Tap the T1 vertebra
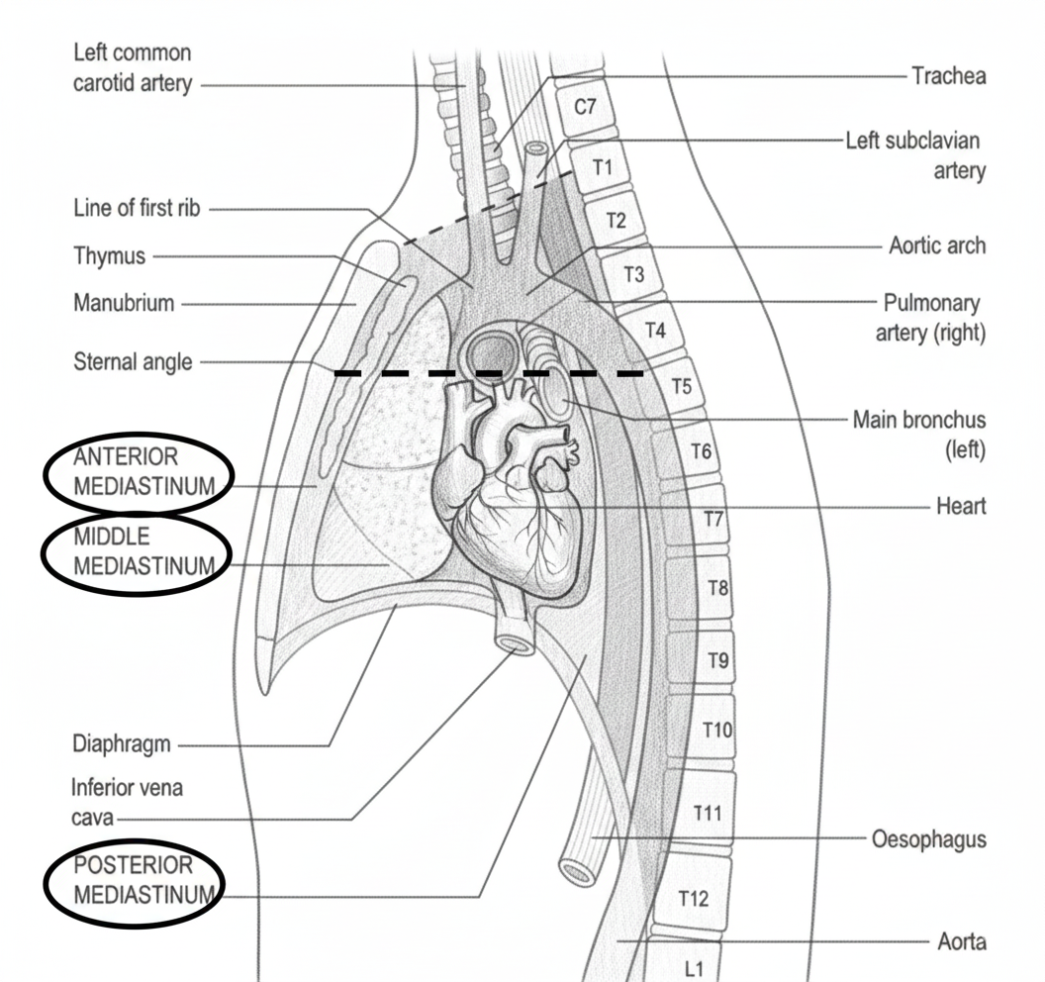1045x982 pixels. (603, 167)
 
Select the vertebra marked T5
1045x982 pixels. (682, 386)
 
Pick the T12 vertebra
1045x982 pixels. (694, 898)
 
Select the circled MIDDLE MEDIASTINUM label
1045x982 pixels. (136, 551)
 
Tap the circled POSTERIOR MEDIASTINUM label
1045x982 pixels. (135, 880)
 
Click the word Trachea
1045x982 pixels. (948, 75)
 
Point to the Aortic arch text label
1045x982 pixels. (936, 245)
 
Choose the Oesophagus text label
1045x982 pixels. (928, 839)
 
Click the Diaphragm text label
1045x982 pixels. (121, 743)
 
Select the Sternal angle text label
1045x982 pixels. (133, 361)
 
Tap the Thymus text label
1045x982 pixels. (109, 256)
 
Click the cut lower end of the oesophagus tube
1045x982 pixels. (577, 871)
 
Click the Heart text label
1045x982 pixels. (960, 506)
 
